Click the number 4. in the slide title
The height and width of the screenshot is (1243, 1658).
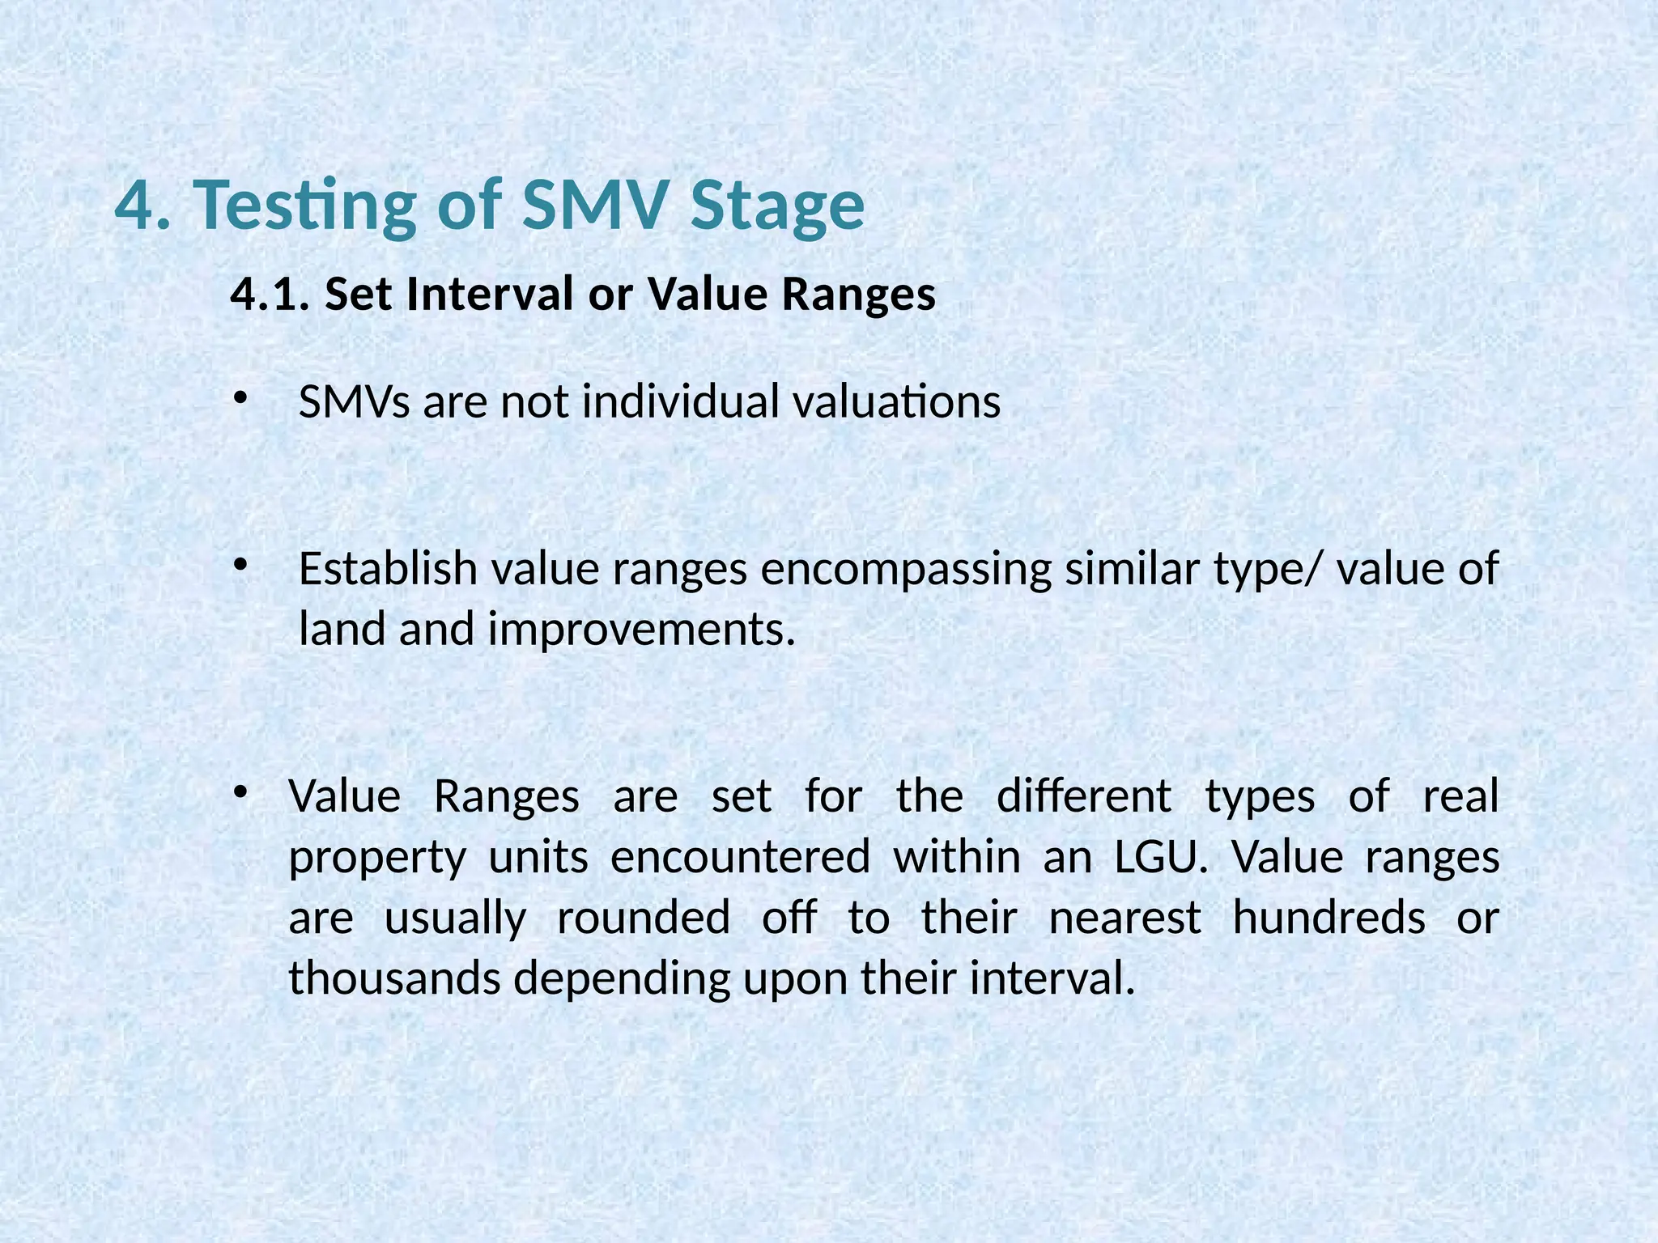click(x=142, y=206)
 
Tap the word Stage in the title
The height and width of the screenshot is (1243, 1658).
click(x=777, y=206)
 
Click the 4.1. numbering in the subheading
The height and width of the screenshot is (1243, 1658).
click(x=270, y=294)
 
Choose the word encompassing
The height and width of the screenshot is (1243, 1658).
click(x=906, y=569)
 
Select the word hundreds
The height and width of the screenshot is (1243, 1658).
click(x=1329, y=918)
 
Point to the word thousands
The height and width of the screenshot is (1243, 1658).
click(x=395, y=978)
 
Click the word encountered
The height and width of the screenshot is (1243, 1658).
click(x=740, y=857)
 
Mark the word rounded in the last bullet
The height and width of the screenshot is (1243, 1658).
click(x=644, y=918)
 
